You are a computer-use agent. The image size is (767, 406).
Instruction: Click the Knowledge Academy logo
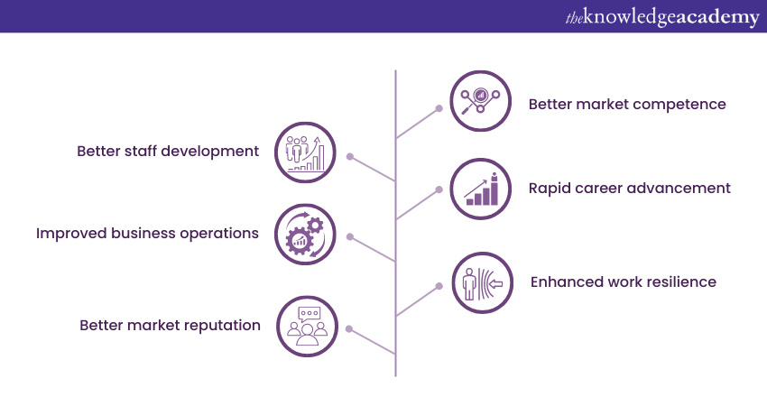[x=662, y=17]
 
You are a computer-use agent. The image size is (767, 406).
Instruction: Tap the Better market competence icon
[x=480, y=101]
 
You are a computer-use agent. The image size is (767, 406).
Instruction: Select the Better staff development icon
[x=305, y=152]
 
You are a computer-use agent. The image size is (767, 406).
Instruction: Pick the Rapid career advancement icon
[x=480, y=189]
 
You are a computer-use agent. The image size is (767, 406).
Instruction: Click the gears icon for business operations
[x=305, y=235]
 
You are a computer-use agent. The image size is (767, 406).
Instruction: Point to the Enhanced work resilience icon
[x=483, y=282]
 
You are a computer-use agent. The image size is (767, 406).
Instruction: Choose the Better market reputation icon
[x=307, y=327]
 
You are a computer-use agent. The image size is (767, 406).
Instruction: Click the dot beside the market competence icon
[x=439, y=108]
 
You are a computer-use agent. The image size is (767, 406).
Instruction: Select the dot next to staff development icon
[x=350, y=156]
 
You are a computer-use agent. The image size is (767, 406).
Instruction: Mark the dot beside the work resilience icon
[x=439, y=286]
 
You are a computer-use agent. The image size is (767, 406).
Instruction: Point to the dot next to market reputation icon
[x=349, y=329]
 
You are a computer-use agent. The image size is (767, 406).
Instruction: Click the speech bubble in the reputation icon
[x=310, y=314]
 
